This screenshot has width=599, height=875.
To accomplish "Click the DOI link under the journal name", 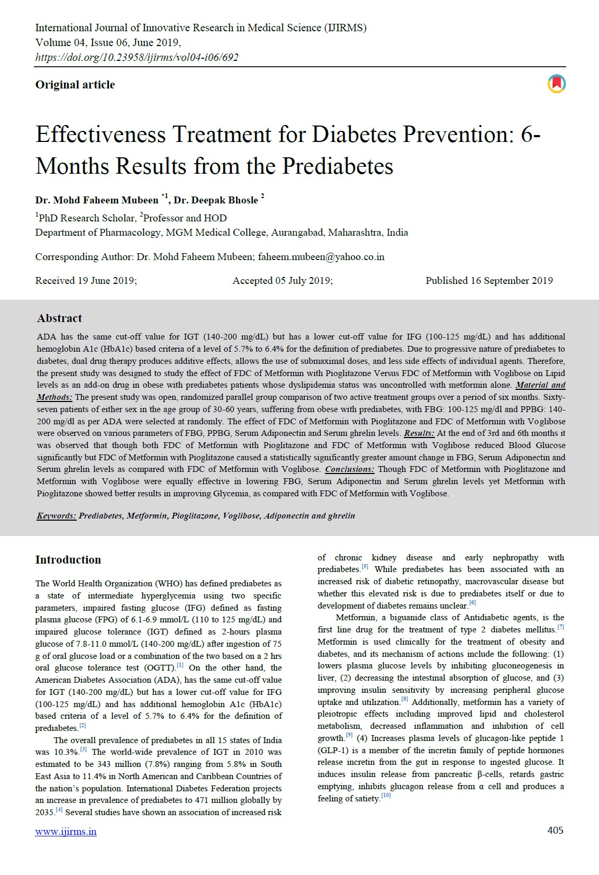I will point(137,57).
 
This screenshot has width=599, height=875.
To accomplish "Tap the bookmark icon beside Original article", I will point(556,84).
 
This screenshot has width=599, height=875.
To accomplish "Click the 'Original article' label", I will point(75,85).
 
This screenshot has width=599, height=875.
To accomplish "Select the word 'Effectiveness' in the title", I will point(101,135).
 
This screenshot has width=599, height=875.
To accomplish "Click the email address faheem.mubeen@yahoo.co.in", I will point(321,257).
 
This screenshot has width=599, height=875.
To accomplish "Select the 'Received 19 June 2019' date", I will point(86,281).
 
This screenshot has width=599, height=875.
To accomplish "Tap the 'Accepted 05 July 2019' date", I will point(283,281).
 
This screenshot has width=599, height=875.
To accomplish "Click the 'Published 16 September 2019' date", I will point(489,281).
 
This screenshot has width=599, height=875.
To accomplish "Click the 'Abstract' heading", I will point(59,318).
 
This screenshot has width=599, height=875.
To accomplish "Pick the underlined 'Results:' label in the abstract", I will point(419,433).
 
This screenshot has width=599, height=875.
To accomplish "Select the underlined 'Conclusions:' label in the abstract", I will point(349,469).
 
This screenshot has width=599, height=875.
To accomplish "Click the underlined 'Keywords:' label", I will point(57,516).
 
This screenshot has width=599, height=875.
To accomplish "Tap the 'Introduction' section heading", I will point(68,560).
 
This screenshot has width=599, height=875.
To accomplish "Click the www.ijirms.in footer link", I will point(66,832).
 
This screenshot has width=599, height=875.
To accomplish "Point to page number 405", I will point(555,831).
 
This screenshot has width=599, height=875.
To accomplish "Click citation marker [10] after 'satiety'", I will point(386,796).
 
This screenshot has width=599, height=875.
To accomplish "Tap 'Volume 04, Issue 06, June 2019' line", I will point(108,42).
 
